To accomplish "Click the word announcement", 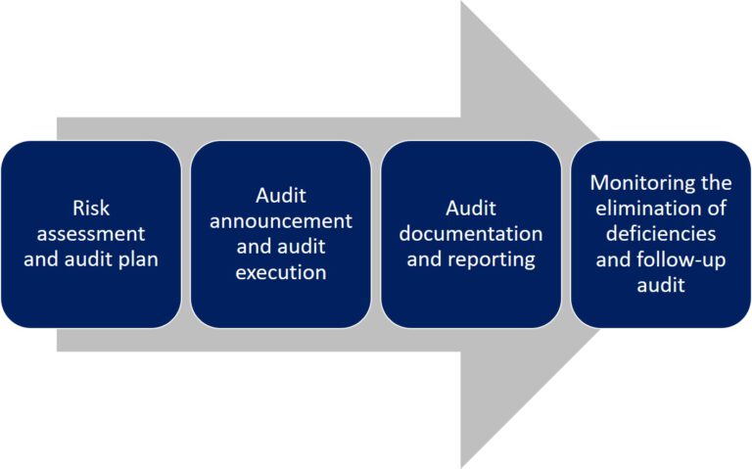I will [x=281, y=221].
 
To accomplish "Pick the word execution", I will [x=281, y=272].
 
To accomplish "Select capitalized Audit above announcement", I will [x=281, y=195].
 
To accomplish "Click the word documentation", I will [x=471, y=234].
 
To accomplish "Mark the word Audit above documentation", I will [x=471, y=208].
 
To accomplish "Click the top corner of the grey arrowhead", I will [x=462, y=4].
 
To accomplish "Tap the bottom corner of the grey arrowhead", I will [x=462, y=465].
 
